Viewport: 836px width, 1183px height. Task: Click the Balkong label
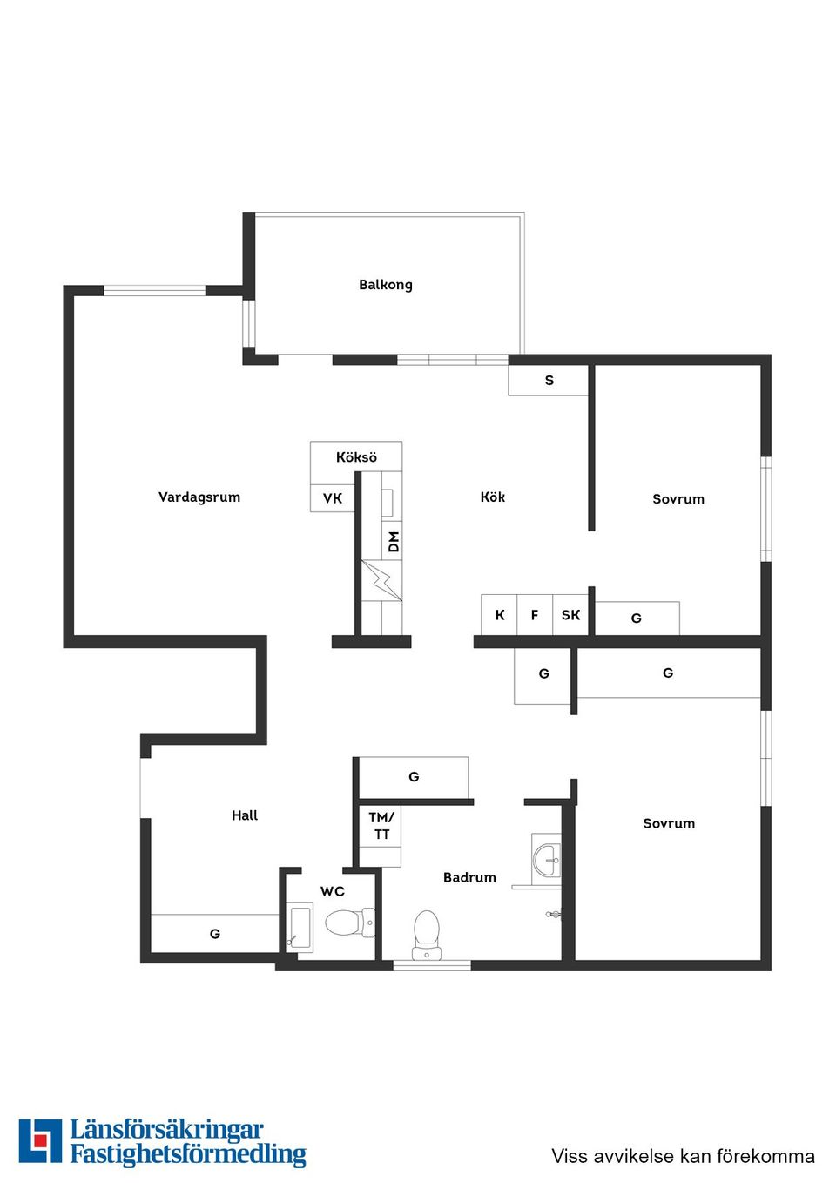click(x=385, y=285)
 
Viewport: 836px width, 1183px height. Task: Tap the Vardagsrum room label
click(x=199, y=497)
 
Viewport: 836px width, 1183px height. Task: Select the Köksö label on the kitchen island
click(x=356, y=456)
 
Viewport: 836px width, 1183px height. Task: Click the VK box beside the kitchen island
click(x=332, y=498)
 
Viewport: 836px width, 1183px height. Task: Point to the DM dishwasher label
click(x=394, y=542)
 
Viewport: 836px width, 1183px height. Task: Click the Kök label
click(x=492, y=497)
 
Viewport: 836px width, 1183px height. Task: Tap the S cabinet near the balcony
click(x=549, y=380)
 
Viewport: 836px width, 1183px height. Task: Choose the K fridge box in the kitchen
click(x=499, y=615)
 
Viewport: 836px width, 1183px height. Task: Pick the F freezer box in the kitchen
click(x=535, y=615)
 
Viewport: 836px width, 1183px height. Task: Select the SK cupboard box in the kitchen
click(x=570, y=615)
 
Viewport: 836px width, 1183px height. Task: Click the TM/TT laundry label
click(x=381, y=826)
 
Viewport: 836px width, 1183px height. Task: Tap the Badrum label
click(x=469, y=878)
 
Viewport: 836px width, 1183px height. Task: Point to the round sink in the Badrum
click(x=547, y=862)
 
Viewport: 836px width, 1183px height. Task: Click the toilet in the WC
click(x=349, y=923)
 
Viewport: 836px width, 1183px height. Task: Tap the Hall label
click(x=245, y=815)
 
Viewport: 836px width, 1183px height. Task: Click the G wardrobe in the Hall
click(x=215, y=933)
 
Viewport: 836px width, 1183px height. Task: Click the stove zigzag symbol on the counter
click(x=381, y=580)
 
